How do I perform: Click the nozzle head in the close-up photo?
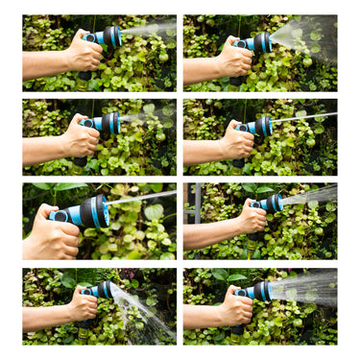pyautogui.click(x=94, y=210)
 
